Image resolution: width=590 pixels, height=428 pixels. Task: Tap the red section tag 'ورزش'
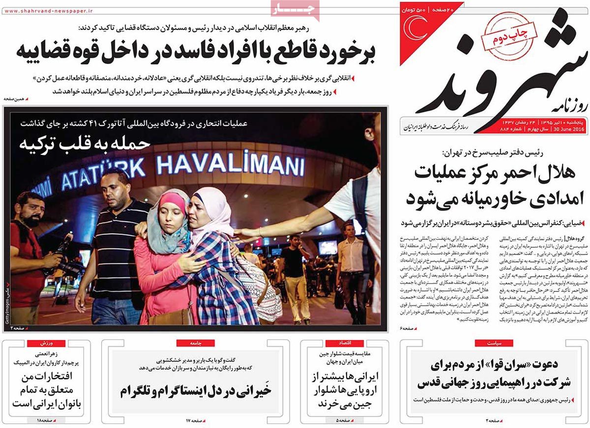tap(46, 342)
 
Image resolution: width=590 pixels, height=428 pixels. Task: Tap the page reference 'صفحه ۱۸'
tap(44, 421)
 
